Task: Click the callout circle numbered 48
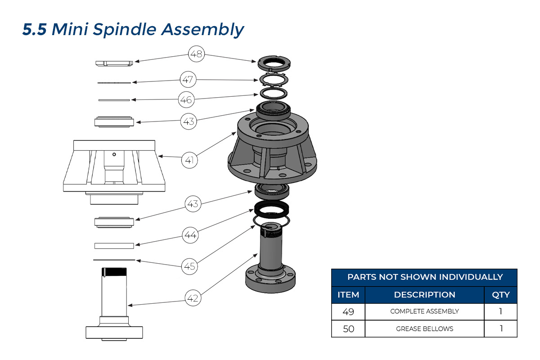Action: pos(196,55)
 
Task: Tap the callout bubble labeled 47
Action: pos(188,80)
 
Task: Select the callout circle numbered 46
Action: pos(186,99)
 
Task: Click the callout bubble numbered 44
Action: pos(190,234)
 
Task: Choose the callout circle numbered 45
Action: pos(190,266)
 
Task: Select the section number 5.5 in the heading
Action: pos(34,30)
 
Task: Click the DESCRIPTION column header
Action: pos(424,295)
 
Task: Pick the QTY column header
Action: pos(500,295)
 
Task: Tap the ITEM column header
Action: pos(348,295)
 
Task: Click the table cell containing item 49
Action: pos(348,311)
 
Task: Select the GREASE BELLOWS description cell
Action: pos(424,329)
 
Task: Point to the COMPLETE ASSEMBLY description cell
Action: pos(424,311)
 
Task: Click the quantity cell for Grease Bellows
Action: pos(500,329)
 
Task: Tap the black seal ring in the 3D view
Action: pos(271,208)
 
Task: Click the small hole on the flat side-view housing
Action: pos(114,154)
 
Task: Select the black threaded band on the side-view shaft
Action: pos(115,272)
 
